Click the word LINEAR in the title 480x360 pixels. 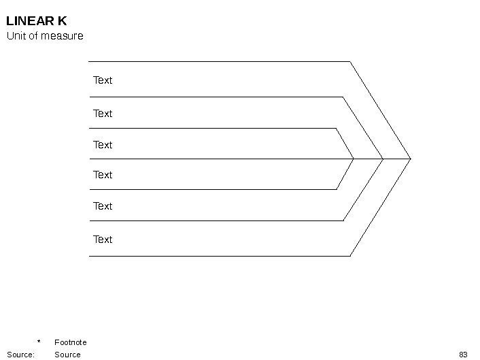30,21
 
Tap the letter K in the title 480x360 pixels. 62,21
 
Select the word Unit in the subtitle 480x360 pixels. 16,36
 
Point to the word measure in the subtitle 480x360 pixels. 62,36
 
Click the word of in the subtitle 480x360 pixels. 33,36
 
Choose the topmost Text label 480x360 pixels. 103,80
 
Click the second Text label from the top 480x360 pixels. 103,114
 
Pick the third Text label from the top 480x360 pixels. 103,145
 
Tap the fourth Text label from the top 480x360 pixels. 103,175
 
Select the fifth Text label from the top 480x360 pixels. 103,206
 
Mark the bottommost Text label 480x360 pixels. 103,240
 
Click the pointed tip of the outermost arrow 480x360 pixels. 411,159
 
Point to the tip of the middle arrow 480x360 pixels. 383,159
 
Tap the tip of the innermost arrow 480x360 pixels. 354,159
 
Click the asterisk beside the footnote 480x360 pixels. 39,342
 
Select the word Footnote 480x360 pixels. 71,342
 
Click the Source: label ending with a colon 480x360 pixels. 21,355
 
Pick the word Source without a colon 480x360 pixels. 67,355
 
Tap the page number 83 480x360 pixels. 463,355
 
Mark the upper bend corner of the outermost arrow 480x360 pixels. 350,61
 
